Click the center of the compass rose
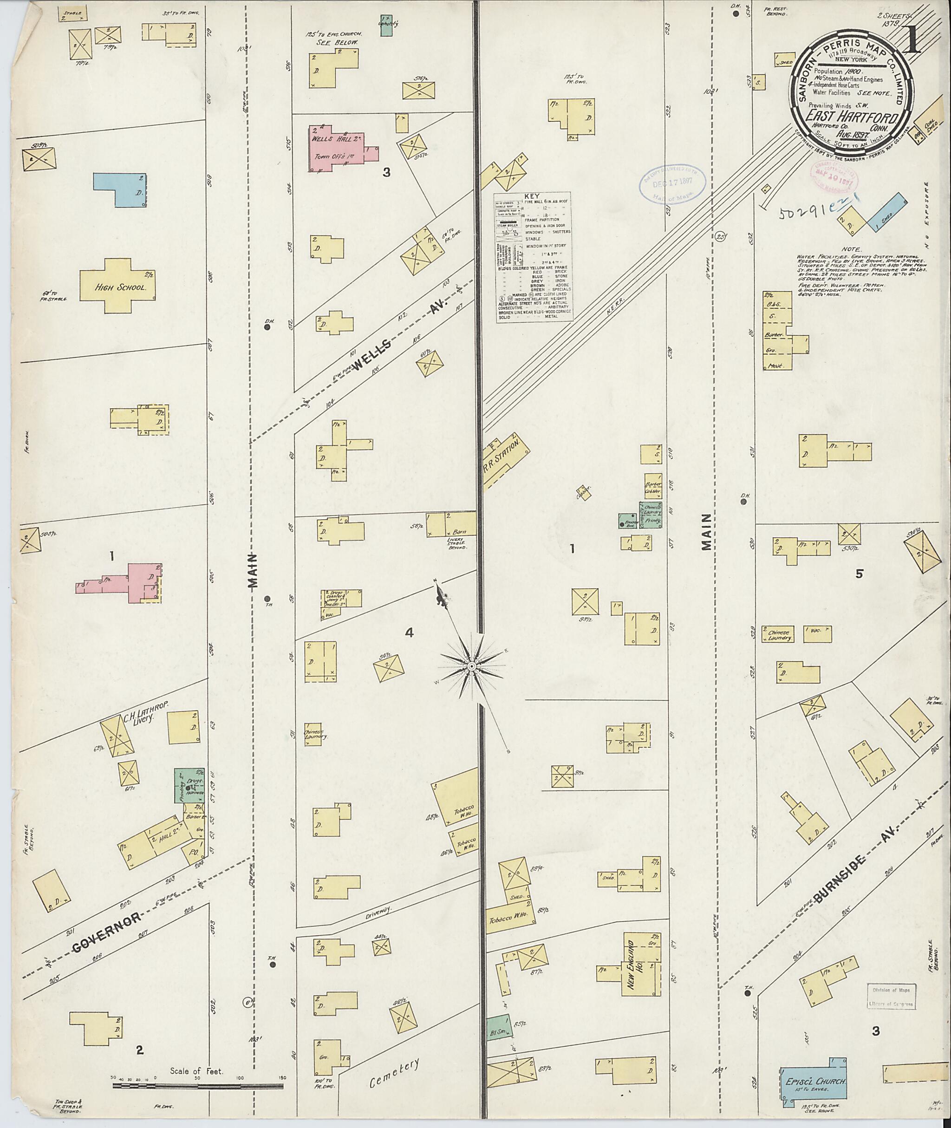pyautogui.click(x=472, y=666)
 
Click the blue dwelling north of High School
pyautogui.click(x=121, y=189)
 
